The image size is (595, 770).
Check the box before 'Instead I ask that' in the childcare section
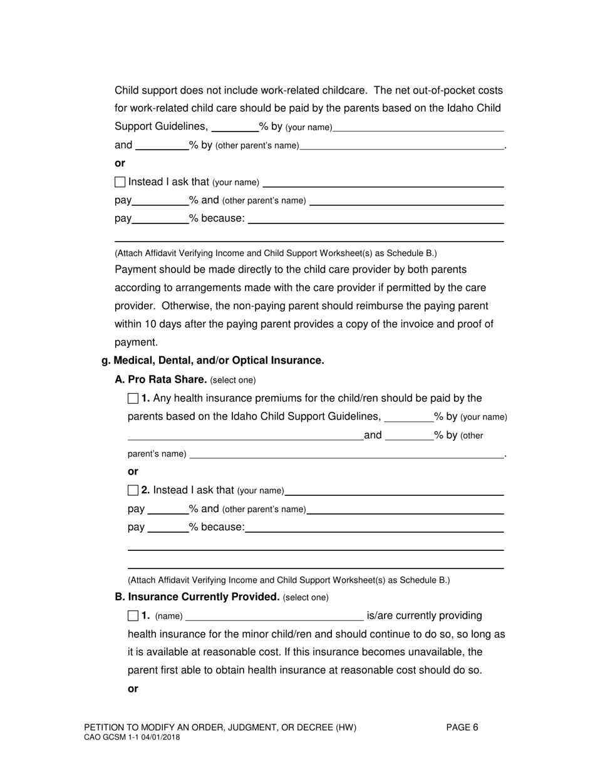pyautogui.click(x=120, y=182)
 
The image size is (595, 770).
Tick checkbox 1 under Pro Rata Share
pyautogui.click(x=133, y=398)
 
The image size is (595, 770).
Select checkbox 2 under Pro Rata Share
pyautogui.click(x=133, y=490)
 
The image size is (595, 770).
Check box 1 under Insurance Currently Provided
pyautogui.click(x=133, y=616)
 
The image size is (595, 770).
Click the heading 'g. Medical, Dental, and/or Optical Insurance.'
pyautogui.click(x=213, y=361)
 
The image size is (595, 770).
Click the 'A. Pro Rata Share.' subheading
pyautogui.click(x=161, y=379)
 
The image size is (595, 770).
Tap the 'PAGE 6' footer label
pyautogui.click(x=462, y=727)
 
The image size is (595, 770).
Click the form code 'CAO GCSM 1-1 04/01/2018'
pyautogui.click(x=132, y=738)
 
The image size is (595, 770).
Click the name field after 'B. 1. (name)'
pyautogui.click(x=274, y=617)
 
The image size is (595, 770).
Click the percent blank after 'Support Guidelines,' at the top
pyautogui.click(x=235, y=128)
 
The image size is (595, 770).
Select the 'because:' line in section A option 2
pyautogui.click(x=375, y=528)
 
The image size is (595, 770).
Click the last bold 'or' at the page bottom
pyautogui.click(x=133, y=689)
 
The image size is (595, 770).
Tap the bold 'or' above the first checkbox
pyautogui.click(x=120, y=163)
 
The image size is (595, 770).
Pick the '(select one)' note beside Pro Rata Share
pyautogui.click(x=233, y=380)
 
